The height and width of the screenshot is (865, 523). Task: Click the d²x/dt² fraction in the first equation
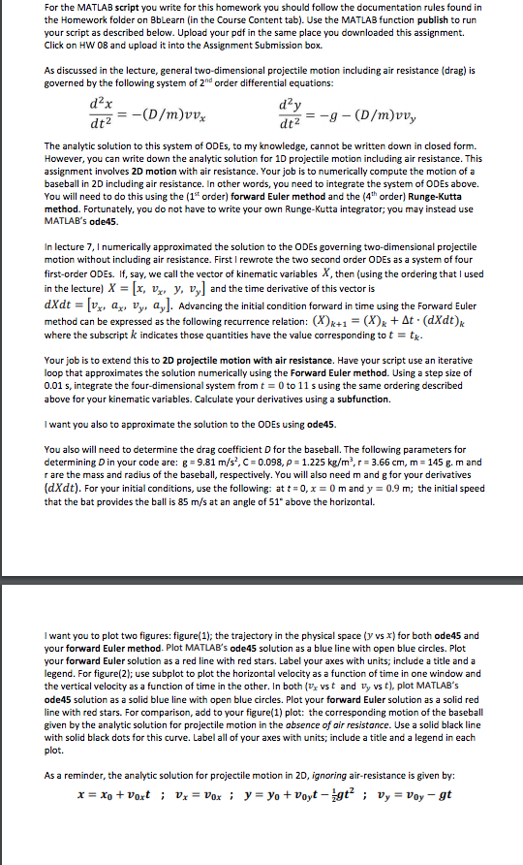(100, 112)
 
